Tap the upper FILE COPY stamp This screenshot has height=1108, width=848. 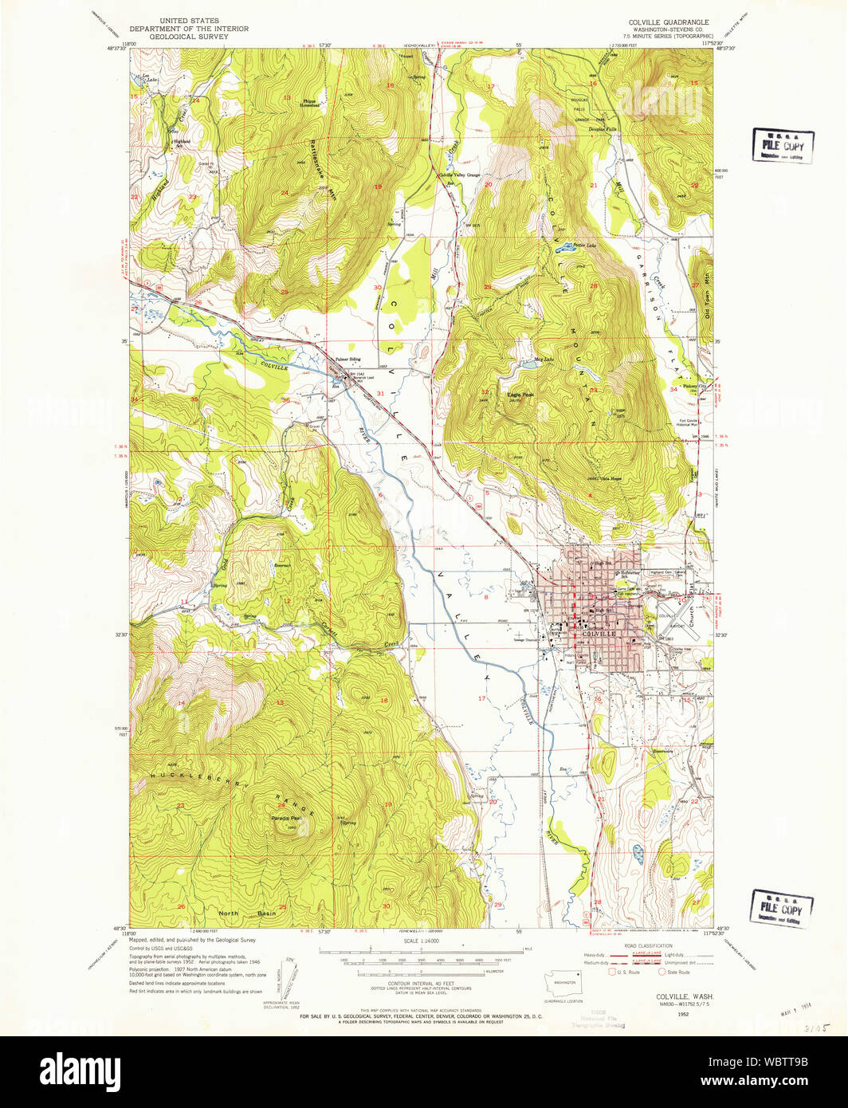pos(783,146)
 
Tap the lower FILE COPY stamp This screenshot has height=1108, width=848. pos(781,909)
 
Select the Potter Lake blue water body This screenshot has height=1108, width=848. pos(565,246)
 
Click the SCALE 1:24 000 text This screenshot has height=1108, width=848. pos(422,941)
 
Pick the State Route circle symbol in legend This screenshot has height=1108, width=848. pos(662,972)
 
